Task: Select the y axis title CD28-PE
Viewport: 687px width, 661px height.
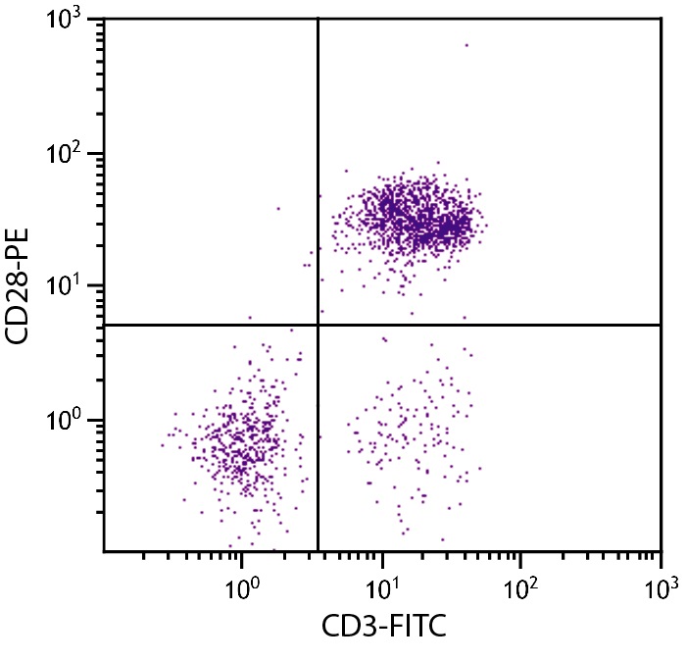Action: (x=22, y=285)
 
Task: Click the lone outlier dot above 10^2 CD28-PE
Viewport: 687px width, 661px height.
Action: (x=466, y=44)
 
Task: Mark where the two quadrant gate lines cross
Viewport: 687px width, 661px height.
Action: (x=319, y=325)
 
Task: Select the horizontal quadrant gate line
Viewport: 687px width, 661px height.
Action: (x=490, y=325)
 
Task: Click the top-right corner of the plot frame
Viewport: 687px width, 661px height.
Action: (x=662, y=20)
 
